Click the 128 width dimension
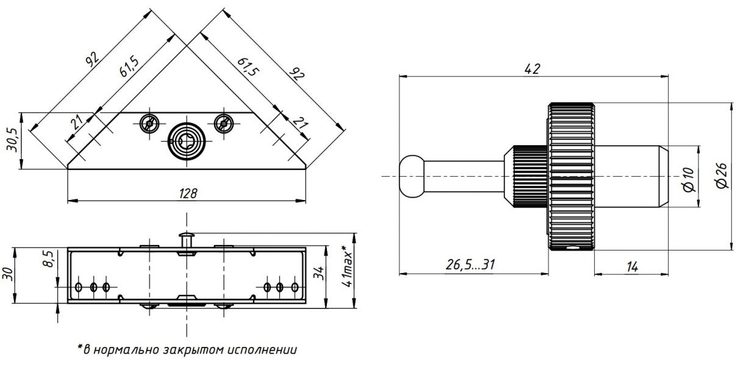point(187,193)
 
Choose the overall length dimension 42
point(533,69)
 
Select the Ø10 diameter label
point(689,177)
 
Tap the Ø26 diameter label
point(723,176)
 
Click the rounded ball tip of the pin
point(411,176)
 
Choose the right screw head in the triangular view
point(224,123)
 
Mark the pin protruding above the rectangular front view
point(187,239)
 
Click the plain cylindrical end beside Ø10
point(629,176)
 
